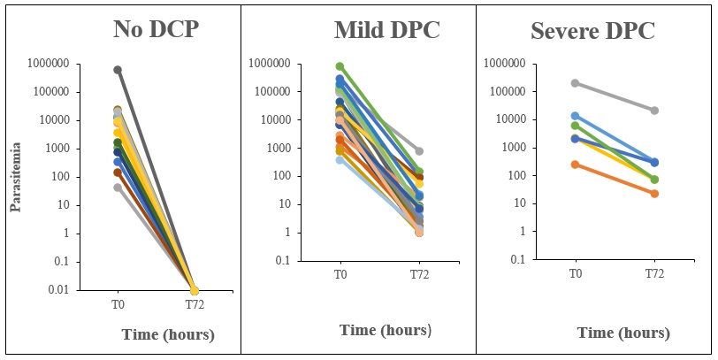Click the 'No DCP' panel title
pos(156,28)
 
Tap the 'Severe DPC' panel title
pos(592,30)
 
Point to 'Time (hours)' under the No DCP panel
pos(168,335)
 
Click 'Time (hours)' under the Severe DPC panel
pos(623,333)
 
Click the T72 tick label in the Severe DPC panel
pos(653,273)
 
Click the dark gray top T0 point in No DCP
pos(118,70)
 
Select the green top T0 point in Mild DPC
pos(340,66)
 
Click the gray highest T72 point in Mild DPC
pos(418,151)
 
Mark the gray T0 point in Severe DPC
pos(576,83)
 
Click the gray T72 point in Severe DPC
pos(653,111)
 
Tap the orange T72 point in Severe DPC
pos(653,193)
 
